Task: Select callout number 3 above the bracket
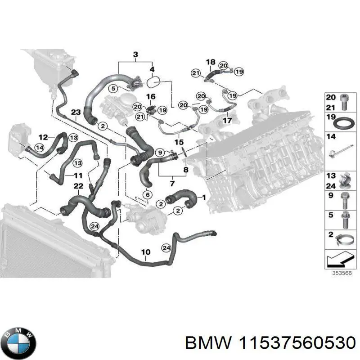(135, 54)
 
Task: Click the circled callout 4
(152, 69)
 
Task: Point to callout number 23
(76, 112)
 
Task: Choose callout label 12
(43, 138)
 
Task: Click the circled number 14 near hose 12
(40, 148)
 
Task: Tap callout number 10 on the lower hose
(146, 252)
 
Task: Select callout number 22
(78, 186)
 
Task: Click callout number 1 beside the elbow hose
(204, 198)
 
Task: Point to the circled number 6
(148, 195)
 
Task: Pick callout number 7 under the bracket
(172, 184)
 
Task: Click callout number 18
(211, 62)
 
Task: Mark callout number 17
(227, 120)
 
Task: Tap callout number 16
(151, 96)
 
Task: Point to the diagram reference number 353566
(342, 273)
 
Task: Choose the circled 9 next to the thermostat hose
(160, 152)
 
